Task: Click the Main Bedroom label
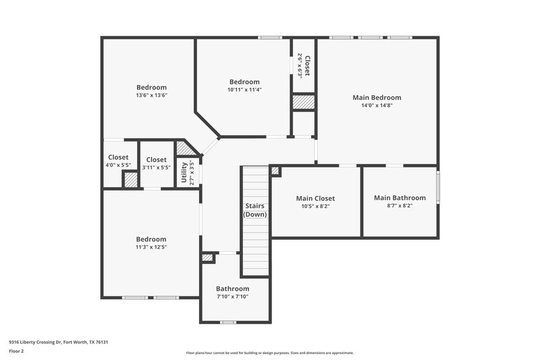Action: coord(377,97)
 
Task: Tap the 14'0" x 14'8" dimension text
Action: coord(377,105)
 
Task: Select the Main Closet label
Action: coord(315,199)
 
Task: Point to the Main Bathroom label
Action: coord(400,198)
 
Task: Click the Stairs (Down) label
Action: coord(255,210)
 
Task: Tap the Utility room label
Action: coord(184,173)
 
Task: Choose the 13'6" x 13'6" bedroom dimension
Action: coord(151,95)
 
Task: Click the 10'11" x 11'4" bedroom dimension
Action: coord(244,90)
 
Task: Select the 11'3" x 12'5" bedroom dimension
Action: coord(151,247)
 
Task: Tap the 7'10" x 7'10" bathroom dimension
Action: coord(232,297)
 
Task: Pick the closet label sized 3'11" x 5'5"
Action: coord(157,160)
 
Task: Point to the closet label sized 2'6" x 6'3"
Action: coord(306,66)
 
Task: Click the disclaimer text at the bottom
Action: coord(269,353)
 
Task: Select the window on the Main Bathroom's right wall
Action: coord(437,188)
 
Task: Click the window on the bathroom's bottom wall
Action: coord(228,322)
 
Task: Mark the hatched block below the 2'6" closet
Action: coord(304,102)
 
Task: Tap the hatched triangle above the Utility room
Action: coord(184,148)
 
